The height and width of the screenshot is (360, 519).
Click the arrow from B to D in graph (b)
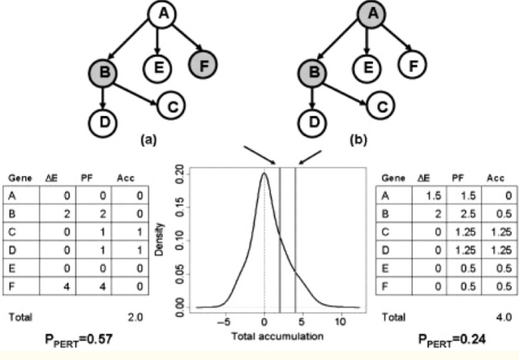point(311,97)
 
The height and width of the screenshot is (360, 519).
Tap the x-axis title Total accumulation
point(266,335)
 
